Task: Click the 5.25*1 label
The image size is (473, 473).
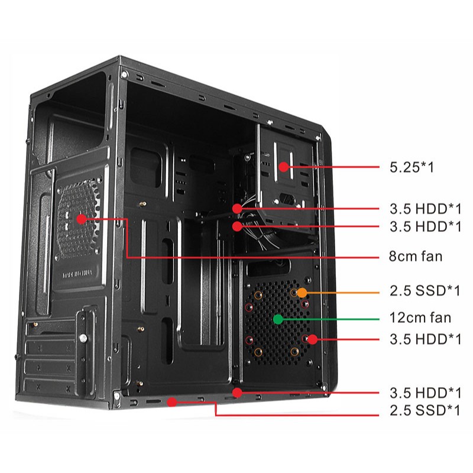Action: [412, 167]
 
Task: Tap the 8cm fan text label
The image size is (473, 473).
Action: [416, 257]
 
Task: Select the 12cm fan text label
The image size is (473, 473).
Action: [420, 318]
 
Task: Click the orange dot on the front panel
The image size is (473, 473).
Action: [302, 292]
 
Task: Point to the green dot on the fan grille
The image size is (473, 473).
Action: [277, 319]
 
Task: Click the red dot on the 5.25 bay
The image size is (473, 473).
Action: [284, 167]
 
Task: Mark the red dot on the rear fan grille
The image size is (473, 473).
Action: [81, 218]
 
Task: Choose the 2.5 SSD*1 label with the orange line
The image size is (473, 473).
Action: [425, 291]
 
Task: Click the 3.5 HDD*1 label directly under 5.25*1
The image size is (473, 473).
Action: [425, 208]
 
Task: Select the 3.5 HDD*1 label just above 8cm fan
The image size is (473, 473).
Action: [425, 226]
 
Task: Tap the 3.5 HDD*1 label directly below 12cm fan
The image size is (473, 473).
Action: [425, 339]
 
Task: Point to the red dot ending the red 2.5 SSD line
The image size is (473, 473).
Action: [172, 402]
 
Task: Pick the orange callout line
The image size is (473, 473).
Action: [343, 292]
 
